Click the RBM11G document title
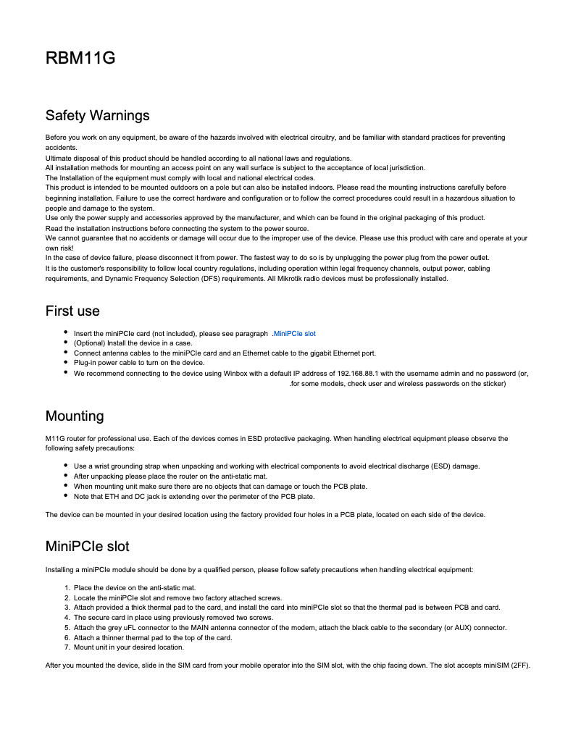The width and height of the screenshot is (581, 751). point(80,59)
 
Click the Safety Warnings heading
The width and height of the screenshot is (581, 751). point(97,116)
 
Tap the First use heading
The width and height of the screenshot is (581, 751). point(72,311)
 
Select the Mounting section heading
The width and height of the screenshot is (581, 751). point(75,416)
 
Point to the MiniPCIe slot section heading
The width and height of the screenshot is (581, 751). point(87,545)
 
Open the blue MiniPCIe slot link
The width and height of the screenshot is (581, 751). point(294,334)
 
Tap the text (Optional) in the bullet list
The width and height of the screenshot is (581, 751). point(91,343)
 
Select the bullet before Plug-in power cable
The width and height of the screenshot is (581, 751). point(66,362)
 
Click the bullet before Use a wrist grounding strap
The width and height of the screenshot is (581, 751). point(66,466)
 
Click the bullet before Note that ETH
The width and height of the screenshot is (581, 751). point(66,496)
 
